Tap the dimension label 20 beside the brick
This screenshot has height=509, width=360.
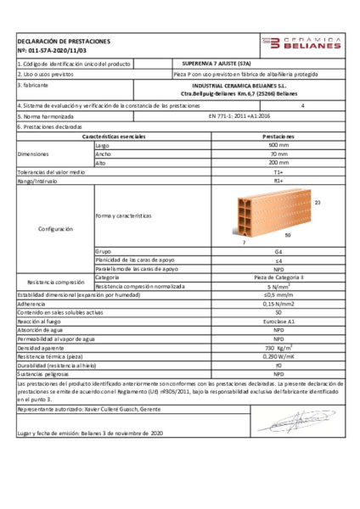[x=318, y=203]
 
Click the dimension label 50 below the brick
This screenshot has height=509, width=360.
[x=287, y=235]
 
